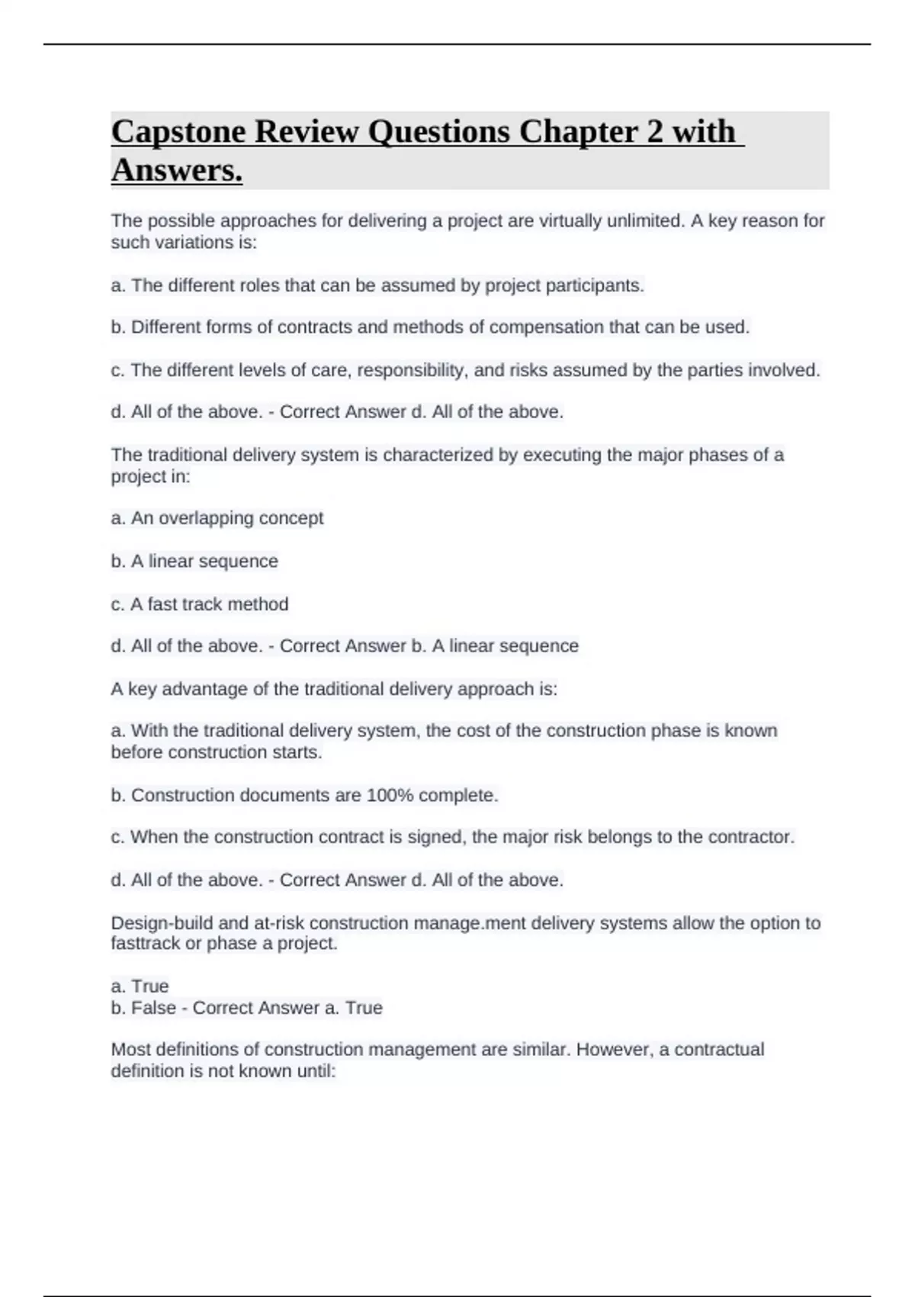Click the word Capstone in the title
coord(178,132)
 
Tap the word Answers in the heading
coord(176,170)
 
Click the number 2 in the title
coord(654,132)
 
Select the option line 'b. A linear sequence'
coord(194,561)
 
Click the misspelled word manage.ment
coord(471,923)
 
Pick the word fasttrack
coord(146,943)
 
